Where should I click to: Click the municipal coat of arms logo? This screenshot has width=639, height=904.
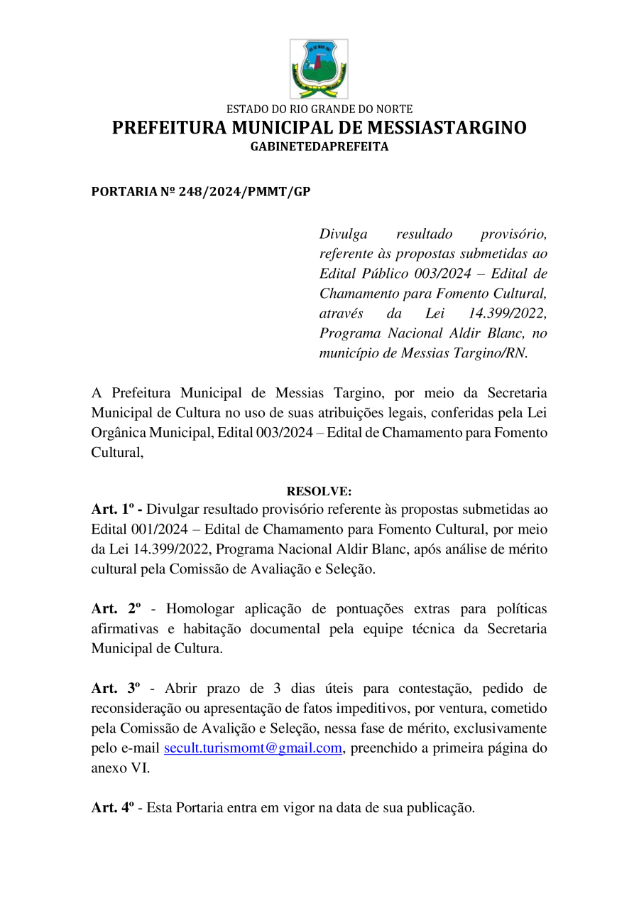point(319,69)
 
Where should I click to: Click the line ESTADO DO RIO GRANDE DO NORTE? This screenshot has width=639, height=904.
point(319,109)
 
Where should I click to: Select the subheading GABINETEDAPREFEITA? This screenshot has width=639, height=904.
point(319,147)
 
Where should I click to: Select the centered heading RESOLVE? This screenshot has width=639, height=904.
point(319,491)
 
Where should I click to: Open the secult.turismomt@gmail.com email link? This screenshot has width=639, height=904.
point(253,748)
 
